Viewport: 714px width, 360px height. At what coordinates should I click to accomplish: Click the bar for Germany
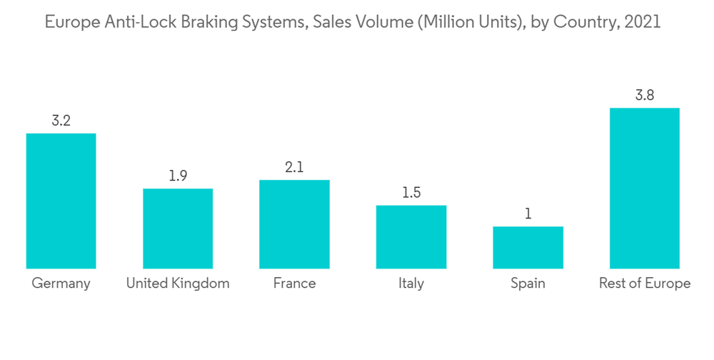(61, 201)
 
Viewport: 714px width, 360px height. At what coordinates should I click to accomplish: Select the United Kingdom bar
(178, 229)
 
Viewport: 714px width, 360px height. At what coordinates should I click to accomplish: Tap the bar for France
(294, 224)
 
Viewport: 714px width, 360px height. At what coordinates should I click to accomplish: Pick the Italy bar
(411, 237)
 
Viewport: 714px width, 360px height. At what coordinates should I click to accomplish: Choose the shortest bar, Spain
(528, 247)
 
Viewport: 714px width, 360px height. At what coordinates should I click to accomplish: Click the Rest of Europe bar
(645, 188)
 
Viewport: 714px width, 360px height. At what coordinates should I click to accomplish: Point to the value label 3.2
(61, 121)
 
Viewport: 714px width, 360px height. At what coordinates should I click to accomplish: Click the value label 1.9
(178, 176)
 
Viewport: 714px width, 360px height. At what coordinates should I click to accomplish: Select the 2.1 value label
(294, 167)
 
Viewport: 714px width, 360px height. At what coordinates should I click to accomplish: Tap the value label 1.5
(411, 193)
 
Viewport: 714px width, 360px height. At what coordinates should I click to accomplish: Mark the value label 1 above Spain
(528, 214)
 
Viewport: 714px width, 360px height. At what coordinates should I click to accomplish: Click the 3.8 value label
(645, 95)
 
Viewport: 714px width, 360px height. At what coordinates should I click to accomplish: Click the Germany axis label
(61, 284)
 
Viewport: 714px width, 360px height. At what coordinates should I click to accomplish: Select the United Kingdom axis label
(178, 284)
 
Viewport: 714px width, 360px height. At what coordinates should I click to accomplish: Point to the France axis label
(294, 284)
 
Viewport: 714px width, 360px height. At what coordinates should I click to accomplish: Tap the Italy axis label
(411, 284)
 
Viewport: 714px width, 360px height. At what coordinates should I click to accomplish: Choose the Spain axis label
(528, 284)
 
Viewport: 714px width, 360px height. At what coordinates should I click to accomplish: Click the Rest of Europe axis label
(645, 284)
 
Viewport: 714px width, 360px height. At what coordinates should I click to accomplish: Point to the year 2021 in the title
(642, 23)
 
